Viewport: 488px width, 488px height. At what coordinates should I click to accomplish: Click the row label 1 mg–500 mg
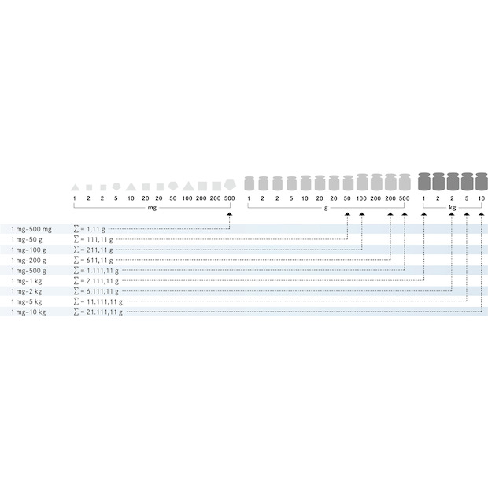coord(31,229)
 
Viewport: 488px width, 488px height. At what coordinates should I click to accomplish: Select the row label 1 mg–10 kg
coord(28,312)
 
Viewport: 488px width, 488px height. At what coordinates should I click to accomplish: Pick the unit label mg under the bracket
coord(152,208)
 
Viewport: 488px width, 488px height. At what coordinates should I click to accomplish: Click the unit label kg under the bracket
coord(453,208)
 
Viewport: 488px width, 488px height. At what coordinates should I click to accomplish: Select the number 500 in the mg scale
coord(229,198)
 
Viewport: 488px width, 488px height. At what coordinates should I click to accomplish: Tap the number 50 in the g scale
coord(347,198)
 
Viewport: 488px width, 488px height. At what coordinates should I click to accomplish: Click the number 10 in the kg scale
coord(481,198)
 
